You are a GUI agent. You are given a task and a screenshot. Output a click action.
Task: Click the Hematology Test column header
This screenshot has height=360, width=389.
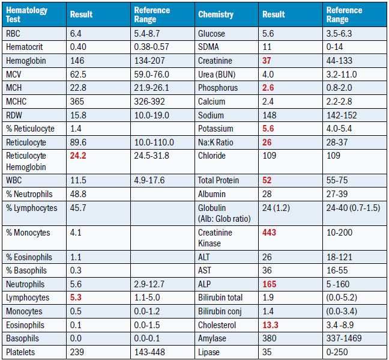[x=26, y=14]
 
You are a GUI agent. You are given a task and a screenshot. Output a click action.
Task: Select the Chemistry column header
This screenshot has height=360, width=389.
[x=216, y=14]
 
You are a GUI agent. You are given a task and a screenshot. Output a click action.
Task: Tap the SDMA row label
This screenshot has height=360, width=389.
[x=208, y=47]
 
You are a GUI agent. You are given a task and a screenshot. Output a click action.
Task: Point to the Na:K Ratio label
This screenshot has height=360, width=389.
[x=217, y=142]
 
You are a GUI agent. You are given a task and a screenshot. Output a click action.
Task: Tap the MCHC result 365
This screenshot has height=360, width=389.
[x=77, y=102]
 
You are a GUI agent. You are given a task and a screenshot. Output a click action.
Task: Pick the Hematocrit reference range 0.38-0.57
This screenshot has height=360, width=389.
[x=152, y=47]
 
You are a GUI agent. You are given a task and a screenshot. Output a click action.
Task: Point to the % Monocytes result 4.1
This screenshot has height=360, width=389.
[x=76, y=232]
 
